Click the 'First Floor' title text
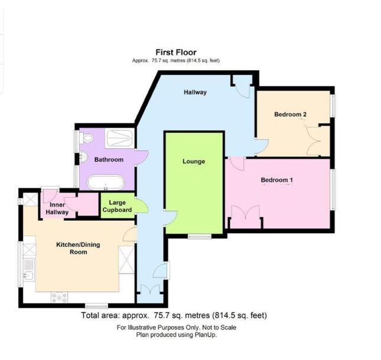click(x=177, y=53)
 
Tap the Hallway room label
click(x=195, y=92)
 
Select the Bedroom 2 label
click(x=290, y=114)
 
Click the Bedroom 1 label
click(x=277, y=179)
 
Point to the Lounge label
click(x=193, y=162)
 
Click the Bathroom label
click(x=109, y=159)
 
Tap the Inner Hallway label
click(x=58, y=208)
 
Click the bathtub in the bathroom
click(x=106, y=181)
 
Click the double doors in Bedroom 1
click(x=246, y=216)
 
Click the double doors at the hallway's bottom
click(x=151, y=290)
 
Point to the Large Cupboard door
click(x=141, y=206)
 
